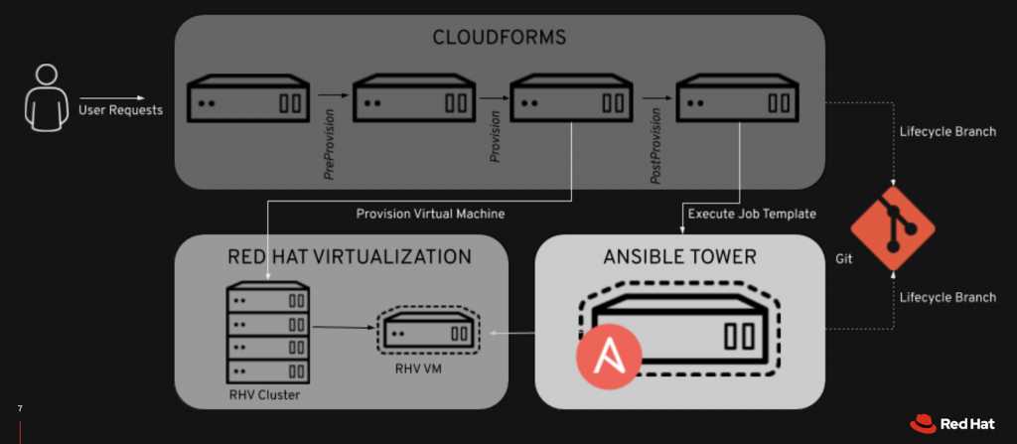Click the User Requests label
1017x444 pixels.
tap(120, 110)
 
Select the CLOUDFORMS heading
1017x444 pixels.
tap(500, 38)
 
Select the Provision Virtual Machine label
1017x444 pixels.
tap(431, 213)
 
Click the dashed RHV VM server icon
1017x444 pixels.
tap(428, 328)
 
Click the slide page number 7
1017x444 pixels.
tap(20, 408)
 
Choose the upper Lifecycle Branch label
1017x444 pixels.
tap(946, 132)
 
